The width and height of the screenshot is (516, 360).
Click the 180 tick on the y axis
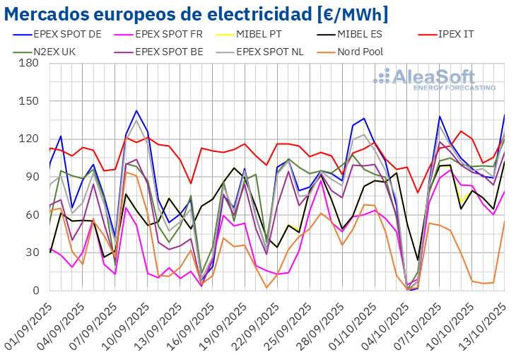click(x=28, y=63)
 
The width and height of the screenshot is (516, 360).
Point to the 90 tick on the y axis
click(x=32, y=177)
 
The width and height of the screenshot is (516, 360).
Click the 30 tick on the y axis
click(x=32, y=252)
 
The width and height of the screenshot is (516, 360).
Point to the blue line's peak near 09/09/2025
click(x=136, y=110)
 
